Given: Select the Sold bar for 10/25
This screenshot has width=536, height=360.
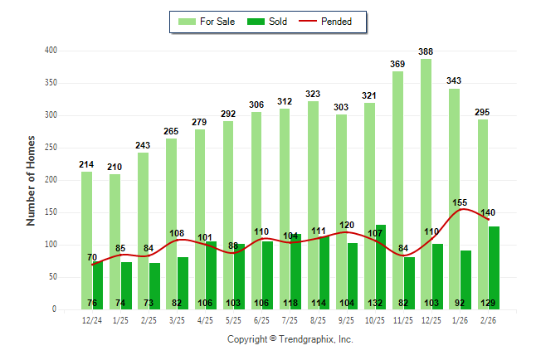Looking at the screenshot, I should (381, 265).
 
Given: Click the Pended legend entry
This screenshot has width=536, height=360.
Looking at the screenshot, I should (344, 22).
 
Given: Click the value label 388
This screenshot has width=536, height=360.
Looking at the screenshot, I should (426, 51).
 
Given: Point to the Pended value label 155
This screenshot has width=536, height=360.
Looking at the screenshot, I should (460, 202).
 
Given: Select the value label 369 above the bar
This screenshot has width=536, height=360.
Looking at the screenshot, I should (398, 64).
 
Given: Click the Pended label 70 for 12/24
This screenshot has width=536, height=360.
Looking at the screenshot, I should (92, 257).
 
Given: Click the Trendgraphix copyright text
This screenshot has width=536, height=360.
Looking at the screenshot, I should (290, 339).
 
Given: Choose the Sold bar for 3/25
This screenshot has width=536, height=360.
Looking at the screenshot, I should (183, 282).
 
